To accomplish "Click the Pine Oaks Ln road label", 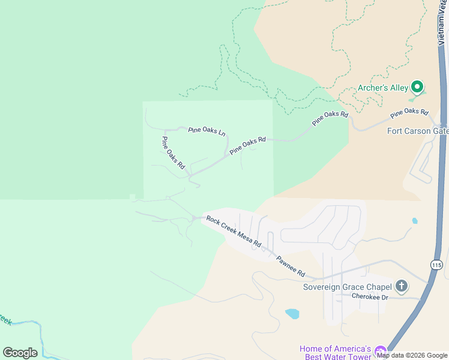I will [206, 131].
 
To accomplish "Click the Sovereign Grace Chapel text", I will [347, 286].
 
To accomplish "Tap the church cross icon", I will [402, 286].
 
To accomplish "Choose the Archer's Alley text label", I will [383, 88].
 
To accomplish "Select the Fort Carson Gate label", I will [418, 131].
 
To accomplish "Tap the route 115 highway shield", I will [436, 265].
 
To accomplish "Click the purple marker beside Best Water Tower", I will [379, 351].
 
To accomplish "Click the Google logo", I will [20, 353].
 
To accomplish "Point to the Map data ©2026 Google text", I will [412, 355].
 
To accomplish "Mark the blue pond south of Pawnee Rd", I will [292, 313].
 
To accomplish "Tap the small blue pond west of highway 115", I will [415, 221].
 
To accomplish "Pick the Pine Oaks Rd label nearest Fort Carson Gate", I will [409, 112].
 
